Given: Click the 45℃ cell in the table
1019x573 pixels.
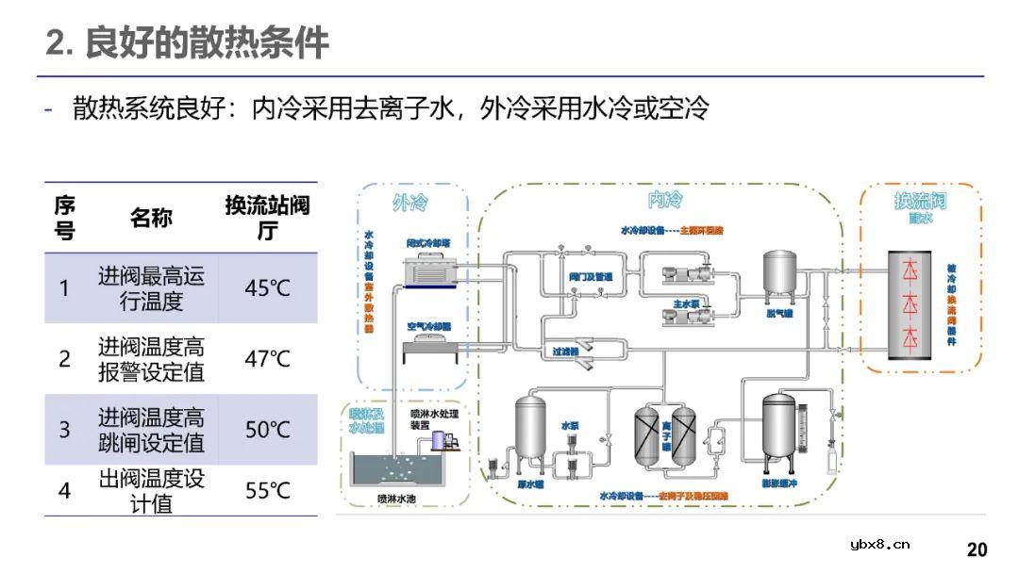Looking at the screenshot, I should tap(268, 288).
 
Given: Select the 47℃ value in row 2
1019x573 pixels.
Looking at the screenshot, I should tap(268, 359).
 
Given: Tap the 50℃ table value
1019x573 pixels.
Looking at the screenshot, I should tap(268, 430).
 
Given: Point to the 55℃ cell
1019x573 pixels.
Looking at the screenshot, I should tap(268, 491).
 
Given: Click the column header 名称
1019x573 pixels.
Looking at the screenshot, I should tap(151, 218).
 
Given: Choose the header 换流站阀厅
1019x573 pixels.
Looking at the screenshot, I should tap(267, 218).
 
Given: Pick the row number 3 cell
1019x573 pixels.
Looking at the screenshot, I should tap(64, 430).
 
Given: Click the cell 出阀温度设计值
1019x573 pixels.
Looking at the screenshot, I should tap(151, 491).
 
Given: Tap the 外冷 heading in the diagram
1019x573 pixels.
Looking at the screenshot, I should tap(410, 202).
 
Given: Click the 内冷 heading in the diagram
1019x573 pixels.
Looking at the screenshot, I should tap(665, 200).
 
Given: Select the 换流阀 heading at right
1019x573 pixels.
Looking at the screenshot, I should tap(920, 201).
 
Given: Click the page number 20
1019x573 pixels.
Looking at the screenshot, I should tap(977, 549).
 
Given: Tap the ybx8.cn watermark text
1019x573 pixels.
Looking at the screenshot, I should tap(879, 544).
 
